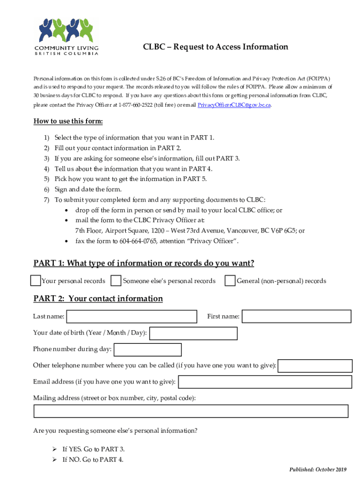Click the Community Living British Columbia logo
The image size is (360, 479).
tap(66, 36)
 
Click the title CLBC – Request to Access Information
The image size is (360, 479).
tap(215, 47)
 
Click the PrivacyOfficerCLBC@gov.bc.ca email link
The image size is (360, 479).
tap(234, 104)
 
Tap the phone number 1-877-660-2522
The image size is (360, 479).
tap(136, 104)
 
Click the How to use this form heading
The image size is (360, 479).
tap(68, 122)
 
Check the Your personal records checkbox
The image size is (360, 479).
tap(35, 281)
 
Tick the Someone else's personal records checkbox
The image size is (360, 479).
tap(115, 281)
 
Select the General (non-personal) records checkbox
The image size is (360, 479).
tap(230, 281)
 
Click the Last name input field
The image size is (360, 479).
tap(132, 317)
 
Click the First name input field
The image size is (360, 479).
tap(296, 317)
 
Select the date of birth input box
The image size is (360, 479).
tap(193, 333)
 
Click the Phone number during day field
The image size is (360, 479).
tap(148, 349)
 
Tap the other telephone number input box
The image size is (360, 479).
tap(315, 366)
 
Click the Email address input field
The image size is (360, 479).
tap(265, 382)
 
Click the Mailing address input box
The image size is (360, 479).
tap(191, 411)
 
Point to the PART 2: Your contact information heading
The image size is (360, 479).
tap(98, 298)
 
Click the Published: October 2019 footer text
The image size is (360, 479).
tap(317, 469)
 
